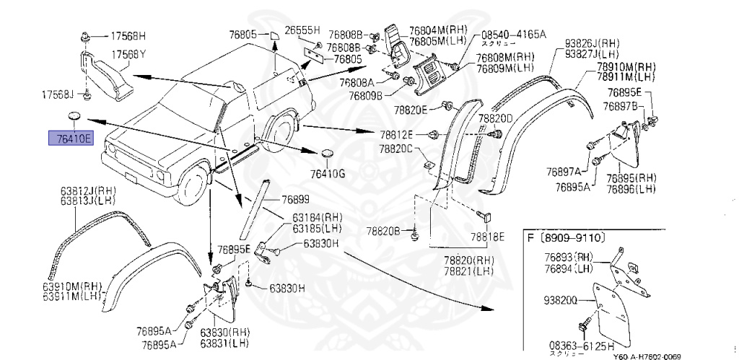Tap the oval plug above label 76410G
pyautogui.click(x=327, y=154)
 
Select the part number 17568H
pyautogui.click(x=127, y=35)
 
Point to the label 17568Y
pyautogui.click(x=128, y=54)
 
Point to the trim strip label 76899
pyautogui.click(x=294, y=198)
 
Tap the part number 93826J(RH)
pyautogui.click(x=592, y=43)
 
